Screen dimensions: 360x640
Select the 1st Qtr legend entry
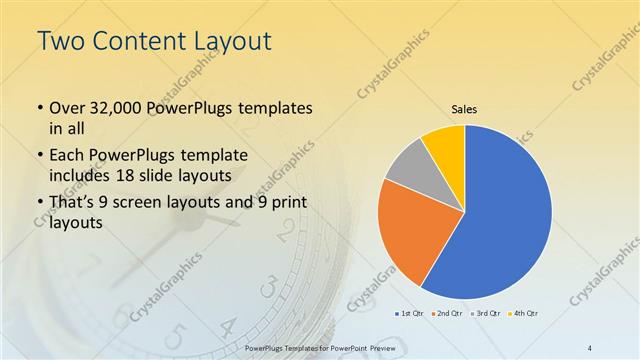tap(411, 313)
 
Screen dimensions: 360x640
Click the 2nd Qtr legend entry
tap(446, 313)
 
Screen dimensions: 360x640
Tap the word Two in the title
tap(59, 42)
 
